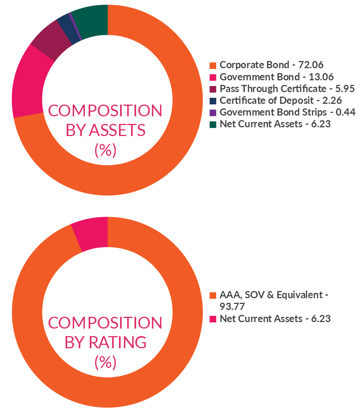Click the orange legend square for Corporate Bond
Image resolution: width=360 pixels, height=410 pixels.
click(213, 65)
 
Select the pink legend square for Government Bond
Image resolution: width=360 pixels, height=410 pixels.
click(213, 77)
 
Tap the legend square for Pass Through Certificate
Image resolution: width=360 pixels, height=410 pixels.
click(213, 89)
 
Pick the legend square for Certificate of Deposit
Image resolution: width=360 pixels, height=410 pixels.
click(213, 101)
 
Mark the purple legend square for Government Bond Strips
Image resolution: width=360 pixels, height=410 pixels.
click(213, 113)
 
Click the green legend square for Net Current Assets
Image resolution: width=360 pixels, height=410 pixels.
click(213, 124)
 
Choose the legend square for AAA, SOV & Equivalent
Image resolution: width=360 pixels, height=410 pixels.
click(213, 295)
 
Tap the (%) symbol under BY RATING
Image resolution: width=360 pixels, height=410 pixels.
click(105, 363)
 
